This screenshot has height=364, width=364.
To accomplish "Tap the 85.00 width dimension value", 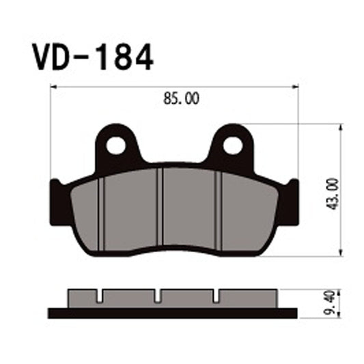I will (182, 100).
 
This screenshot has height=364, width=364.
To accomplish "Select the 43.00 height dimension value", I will (333, 193).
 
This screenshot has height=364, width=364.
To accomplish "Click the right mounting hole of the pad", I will (232, 145).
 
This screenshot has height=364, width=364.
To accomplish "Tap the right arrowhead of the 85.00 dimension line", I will (296, 87).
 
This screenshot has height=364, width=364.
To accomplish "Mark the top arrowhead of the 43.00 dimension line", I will (340, 128).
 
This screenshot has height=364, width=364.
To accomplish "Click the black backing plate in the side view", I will (173, 313).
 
